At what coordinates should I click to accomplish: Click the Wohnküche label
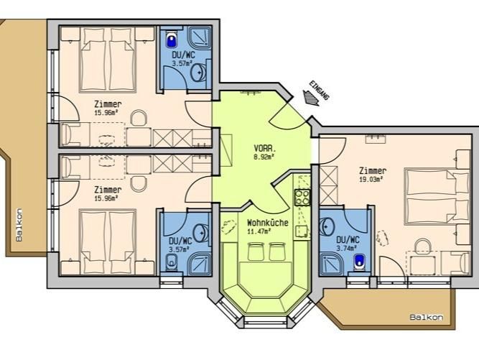point(267,223)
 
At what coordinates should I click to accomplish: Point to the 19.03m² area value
point(372,180)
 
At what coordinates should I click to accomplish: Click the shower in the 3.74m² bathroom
point(332,263)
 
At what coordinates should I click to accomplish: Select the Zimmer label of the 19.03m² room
point(372,170)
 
